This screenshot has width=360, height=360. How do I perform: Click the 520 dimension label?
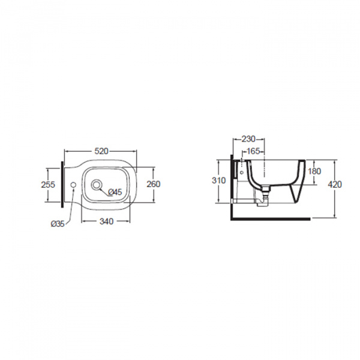point(101,151)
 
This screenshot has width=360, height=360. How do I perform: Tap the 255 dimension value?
point(48,185)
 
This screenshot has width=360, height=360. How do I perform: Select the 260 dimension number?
point(154,184)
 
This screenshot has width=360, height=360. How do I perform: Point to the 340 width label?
point(107,221)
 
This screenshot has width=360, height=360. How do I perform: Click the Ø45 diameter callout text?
point(115,192)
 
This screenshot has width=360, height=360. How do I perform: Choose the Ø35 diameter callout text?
point(58,224)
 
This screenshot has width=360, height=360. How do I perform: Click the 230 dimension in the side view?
point(248,139)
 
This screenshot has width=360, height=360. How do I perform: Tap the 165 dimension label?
point(253,151)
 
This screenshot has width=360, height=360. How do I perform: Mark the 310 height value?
point(219,181)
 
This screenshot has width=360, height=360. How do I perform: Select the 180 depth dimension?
point(314,171)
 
